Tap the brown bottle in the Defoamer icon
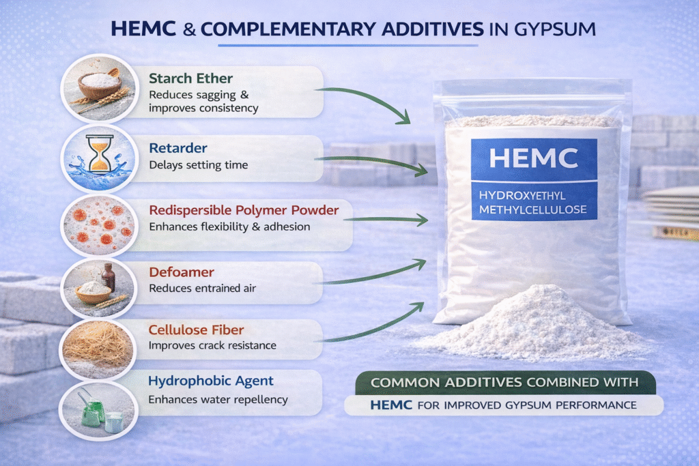108,277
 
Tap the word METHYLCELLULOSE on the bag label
533,209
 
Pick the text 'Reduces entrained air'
202,289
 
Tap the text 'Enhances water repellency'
218,400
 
